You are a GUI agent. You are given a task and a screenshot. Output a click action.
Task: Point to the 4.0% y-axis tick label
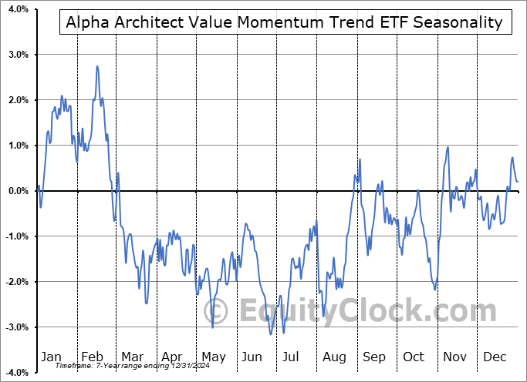pos(16,10)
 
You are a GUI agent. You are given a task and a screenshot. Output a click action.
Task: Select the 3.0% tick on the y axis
pos(16,55)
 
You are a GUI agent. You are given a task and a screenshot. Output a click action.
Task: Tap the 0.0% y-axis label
pos(16,191)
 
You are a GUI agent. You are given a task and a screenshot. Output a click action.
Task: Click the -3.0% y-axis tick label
pos(15,327)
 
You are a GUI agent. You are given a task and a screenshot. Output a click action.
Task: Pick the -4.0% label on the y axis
pos(15,373)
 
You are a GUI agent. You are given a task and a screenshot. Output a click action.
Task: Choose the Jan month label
pos(51,357)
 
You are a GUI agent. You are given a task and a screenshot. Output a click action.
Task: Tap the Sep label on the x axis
pos(375,357)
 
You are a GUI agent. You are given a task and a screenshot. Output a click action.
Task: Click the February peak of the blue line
pos(97,66)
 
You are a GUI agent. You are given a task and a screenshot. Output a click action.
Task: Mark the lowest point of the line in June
pos(270,334)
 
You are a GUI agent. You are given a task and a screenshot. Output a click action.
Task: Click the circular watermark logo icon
pos(218,311)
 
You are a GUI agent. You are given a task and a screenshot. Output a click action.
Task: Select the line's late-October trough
pos(435,289)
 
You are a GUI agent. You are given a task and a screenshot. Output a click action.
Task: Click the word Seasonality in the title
pos(458,22)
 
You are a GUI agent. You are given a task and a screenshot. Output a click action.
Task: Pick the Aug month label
pos(335,357)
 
